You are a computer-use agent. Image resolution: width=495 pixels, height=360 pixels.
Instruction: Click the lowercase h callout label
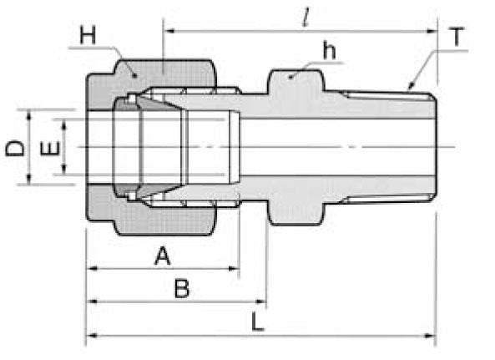[x=330, y=51]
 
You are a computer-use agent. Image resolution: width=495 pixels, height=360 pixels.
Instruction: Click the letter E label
[x=50, y=150]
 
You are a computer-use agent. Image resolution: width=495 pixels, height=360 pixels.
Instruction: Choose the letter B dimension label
[x=180, y=290]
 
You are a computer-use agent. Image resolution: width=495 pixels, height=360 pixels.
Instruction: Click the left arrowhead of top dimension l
[x=168, y=31]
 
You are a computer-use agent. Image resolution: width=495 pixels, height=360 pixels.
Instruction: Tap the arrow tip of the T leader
[x=407, y=87]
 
